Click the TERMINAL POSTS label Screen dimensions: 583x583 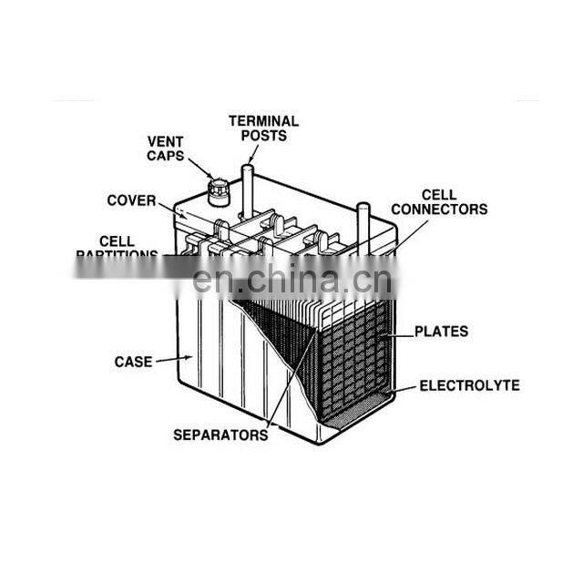[x=263, y=128]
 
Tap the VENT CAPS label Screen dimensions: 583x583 [x=166, y=148]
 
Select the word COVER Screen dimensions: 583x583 [x=131, y=200]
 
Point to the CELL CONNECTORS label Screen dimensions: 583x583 [x=440, y=202]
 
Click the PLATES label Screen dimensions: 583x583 [x=441, y=332]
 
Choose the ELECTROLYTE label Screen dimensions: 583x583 [x=469, y=386]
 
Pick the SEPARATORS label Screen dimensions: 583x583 [x=220, y=435]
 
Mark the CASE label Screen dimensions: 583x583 [x=133, y=362]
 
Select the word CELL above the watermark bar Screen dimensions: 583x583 [x=117, y=241]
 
